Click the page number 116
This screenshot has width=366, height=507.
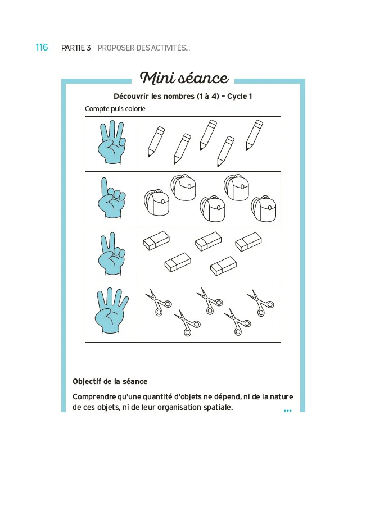(42, 48)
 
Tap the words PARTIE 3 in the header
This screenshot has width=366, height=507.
(76, 48)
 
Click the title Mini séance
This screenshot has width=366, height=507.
(184, 78)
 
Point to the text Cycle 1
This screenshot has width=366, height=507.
(240, 96)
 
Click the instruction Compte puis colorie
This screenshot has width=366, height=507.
(115, 109)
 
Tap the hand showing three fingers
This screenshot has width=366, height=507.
(112, 142)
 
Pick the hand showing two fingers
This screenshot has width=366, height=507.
(112, 254)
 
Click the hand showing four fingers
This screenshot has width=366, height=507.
(112, 311)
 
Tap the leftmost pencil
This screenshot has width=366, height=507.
(156, 141)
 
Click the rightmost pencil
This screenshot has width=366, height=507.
(254, 135)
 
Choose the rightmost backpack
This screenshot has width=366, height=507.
(264, 208)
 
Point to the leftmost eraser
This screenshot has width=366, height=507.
(156, 240)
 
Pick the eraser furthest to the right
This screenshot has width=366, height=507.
(248, 242)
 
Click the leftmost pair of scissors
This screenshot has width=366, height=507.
(159, 302)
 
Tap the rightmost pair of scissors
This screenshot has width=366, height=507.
(261, 303)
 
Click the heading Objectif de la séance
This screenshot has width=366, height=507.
(110, 382)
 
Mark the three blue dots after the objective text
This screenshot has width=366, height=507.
(288, 410)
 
